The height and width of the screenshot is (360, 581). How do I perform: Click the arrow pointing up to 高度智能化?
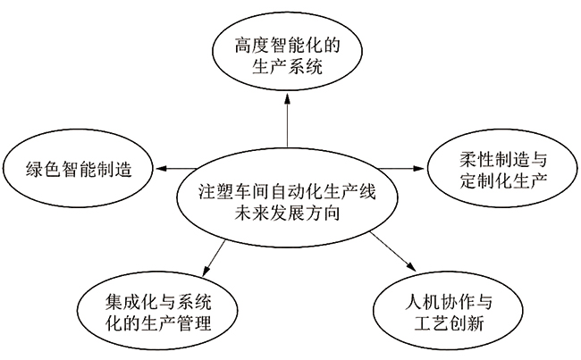click(x=288, y=121)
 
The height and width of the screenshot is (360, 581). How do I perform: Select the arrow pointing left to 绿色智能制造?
click(x=179, y=167)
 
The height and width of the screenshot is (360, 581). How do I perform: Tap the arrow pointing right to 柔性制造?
click(x=399, y=167)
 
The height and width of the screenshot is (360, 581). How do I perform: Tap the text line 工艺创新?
click(x=444, y=322)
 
